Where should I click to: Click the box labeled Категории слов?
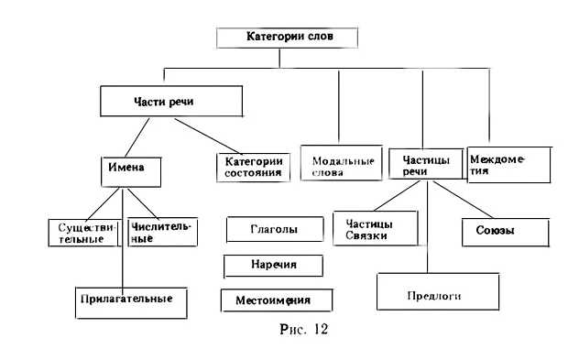pos(286,38)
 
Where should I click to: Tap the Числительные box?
pos(162,231)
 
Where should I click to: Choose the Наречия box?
pos(274,265)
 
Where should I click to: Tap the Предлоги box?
pos(432,295)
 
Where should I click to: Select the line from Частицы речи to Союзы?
pos(468,202)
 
